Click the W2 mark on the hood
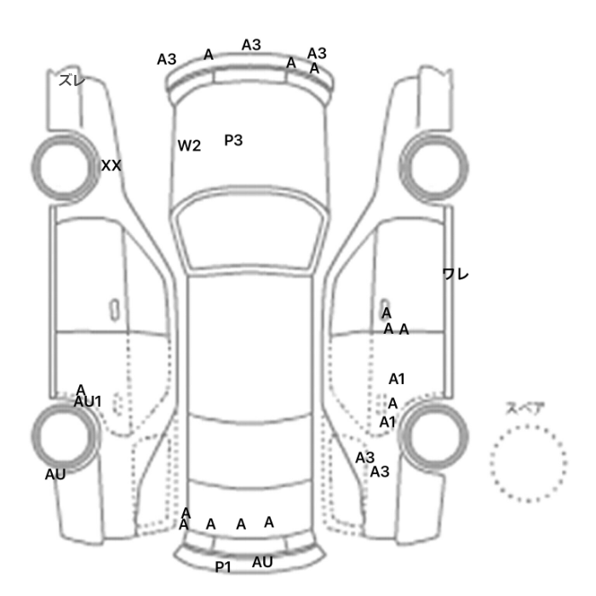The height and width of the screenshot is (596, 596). click(x=189, y=146)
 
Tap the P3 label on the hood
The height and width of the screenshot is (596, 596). click(x=233, y=140)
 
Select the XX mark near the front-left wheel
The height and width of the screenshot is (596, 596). click(x=111, y=165)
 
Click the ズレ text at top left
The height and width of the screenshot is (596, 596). click(x=72, y=80)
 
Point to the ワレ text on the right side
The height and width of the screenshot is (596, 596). click(x=456, y=273)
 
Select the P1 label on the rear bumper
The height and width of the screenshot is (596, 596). click(x=223, y=567)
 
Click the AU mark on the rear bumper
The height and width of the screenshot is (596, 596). click(x=262, y=562)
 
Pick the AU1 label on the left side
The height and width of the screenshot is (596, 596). click(x=88, y=401)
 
